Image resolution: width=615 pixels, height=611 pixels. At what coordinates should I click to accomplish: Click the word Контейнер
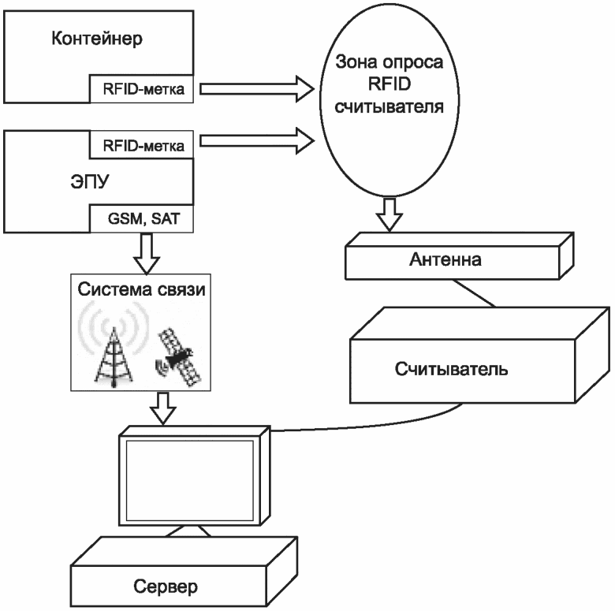pos(97,39)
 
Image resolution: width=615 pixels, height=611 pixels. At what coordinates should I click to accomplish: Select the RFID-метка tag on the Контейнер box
pos(142,89)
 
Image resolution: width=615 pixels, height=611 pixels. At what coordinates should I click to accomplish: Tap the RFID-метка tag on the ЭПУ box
pos(142,145)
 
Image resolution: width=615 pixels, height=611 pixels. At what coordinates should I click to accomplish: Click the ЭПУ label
pos(89,181)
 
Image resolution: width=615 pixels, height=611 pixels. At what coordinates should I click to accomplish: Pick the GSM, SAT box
pos(142,218)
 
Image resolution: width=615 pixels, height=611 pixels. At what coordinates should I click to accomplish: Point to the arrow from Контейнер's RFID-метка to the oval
pos(257,89)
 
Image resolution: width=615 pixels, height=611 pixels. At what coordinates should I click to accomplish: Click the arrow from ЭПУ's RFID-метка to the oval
pos(257,140)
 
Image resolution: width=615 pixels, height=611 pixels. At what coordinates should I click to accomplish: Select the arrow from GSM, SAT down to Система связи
pos(147,253)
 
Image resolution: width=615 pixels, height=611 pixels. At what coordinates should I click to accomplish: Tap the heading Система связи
pos(141,289)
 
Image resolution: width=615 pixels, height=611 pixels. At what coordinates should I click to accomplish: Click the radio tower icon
pos(114,345)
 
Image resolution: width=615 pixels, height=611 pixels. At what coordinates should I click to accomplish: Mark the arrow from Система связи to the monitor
pos(162,408)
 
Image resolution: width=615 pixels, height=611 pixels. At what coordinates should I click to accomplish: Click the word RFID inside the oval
pos(389,84)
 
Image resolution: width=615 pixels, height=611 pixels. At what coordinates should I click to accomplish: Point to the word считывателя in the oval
pos(389,106)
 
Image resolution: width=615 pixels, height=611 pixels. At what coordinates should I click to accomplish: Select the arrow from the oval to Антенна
pos(389,214)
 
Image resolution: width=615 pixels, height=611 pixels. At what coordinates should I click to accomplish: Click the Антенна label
pos(445,259)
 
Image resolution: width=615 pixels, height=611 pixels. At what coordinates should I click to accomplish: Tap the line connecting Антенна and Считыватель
pos(474,293)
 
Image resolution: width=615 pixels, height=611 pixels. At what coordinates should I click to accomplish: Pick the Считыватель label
pos(451,369)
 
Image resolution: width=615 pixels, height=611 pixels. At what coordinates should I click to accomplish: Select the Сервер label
pos(166,587)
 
